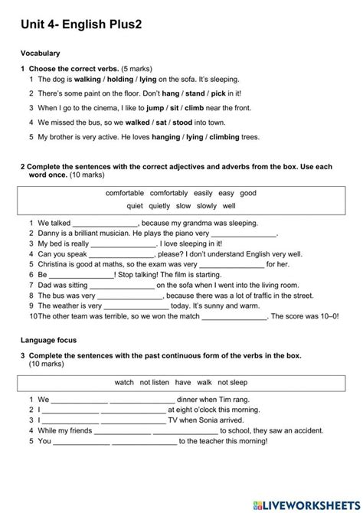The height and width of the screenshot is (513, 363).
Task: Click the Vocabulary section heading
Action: [41, 54]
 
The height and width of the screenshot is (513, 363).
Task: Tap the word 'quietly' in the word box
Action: [159, 205]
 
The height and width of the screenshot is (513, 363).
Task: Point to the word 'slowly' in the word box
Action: [206, 205]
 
